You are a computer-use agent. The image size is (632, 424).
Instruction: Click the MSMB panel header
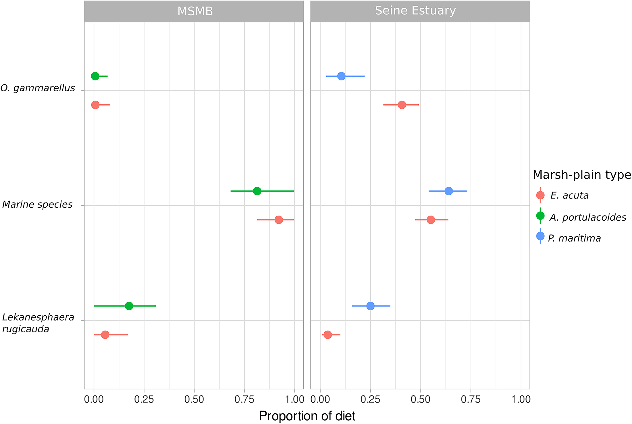tap(195, 11)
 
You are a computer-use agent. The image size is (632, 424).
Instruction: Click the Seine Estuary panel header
tap(415, 11)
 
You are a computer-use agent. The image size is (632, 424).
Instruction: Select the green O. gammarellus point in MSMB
tap(95, 76)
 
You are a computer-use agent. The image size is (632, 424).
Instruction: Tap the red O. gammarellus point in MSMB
tap(95, 105)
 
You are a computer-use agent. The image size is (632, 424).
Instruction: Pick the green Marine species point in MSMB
tap(257, 191)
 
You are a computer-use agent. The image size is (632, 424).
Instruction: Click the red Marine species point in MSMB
tap(279, 220)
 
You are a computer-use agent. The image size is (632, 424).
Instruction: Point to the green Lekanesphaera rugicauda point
tap(129, 306)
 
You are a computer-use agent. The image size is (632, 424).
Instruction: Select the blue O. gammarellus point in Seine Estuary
tap(341, 76)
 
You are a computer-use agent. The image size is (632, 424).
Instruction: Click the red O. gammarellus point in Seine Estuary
tap(402, 105)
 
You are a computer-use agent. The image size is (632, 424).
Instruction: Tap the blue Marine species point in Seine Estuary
tap(449, 191)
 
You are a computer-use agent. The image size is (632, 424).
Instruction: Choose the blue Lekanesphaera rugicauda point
tap(371, 306)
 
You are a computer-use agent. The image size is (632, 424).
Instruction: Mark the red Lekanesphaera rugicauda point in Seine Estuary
tap(327, 335)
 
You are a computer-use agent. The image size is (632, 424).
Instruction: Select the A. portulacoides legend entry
tap(587, 217)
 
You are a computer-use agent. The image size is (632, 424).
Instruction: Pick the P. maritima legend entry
tap(574, 238)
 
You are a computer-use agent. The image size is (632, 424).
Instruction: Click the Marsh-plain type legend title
tap(582, 175)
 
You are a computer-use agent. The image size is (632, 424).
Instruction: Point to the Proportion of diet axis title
tap(307, 416)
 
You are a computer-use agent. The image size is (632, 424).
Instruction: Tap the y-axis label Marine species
tap(37, 205)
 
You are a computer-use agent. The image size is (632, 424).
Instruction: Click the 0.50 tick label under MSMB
tap(194, 400)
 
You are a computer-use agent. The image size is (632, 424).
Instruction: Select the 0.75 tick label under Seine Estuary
tap(471, 400)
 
